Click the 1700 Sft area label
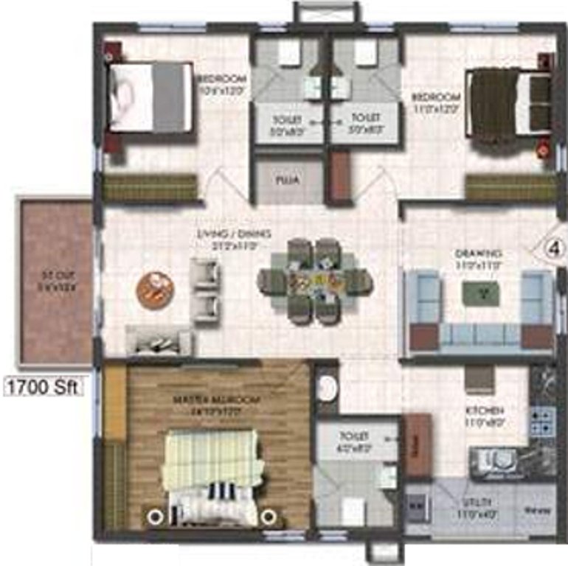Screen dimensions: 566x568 click(44, 385)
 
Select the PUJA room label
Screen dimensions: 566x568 click(283, 179)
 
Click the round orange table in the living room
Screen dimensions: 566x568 click(155, 289)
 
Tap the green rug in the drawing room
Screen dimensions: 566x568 click(480, 293)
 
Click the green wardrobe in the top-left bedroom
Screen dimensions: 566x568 click(150, 187)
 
